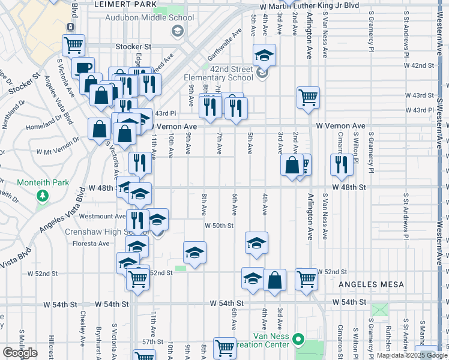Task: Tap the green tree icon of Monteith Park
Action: pyautogui.click(x=43, y=196)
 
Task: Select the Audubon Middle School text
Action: pyautogui.click(x=149, y=17)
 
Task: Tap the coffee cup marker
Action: pyautogui.click(x=83, y=67)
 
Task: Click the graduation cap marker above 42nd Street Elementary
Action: pyautogui.click(x=264, y=55)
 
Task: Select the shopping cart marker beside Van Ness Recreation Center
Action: pyautogui.click(x=224, y=347)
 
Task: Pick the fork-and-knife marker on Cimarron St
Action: pyautogui.click(x=342, y=164)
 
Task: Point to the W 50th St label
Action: pyautogui.click(x=218, y=226)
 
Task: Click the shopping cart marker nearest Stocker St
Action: pyautogui.click(x=73, y=44)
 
